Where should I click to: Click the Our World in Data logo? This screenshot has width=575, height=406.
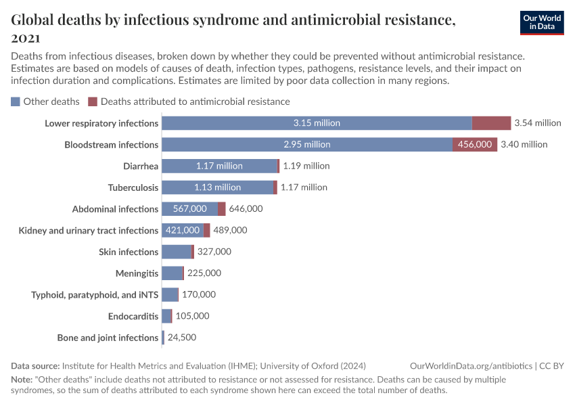click(x=541, y=22)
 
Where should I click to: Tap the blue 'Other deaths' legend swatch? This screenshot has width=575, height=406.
click(x=16, y=101)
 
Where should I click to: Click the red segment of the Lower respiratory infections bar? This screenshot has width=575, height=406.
click(x=491, y=123)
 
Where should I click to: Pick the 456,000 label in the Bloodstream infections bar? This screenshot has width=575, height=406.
click(x=475, y=144)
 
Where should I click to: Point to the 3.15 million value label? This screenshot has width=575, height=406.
click(x=317, y=123)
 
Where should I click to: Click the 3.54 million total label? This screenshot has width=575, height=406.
click(x=538, y=123)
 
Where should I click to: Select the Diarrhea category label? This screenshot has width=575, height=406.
click(x=141, y=166)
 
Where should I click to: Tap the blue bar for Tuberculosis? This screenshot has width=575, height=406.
click(x=217, y=187)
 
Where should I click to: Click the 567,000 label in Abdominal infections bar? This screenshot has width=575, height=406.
click(x=189, y=209)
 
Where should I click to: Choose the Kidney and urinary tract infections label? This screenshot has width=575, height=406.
click(x=89, y=231)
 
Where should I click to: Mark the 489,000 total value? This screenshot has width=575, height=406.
click(x=230, y=230)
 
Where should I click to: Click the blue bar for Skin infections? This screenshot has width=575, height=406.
click(x=177, y=252)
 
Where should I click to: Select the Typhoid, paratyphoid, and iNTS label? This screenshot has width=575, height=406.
click(x=95, y=295)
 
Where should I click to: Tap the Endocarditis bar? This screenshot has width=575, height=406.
click(x=166, y=316)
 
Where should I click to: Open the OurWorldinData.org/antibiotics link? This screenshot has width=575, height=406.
click(x=471, y=365)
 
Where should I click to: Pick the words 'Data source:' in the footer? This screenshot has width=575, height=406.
click(x=35, y=365)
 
